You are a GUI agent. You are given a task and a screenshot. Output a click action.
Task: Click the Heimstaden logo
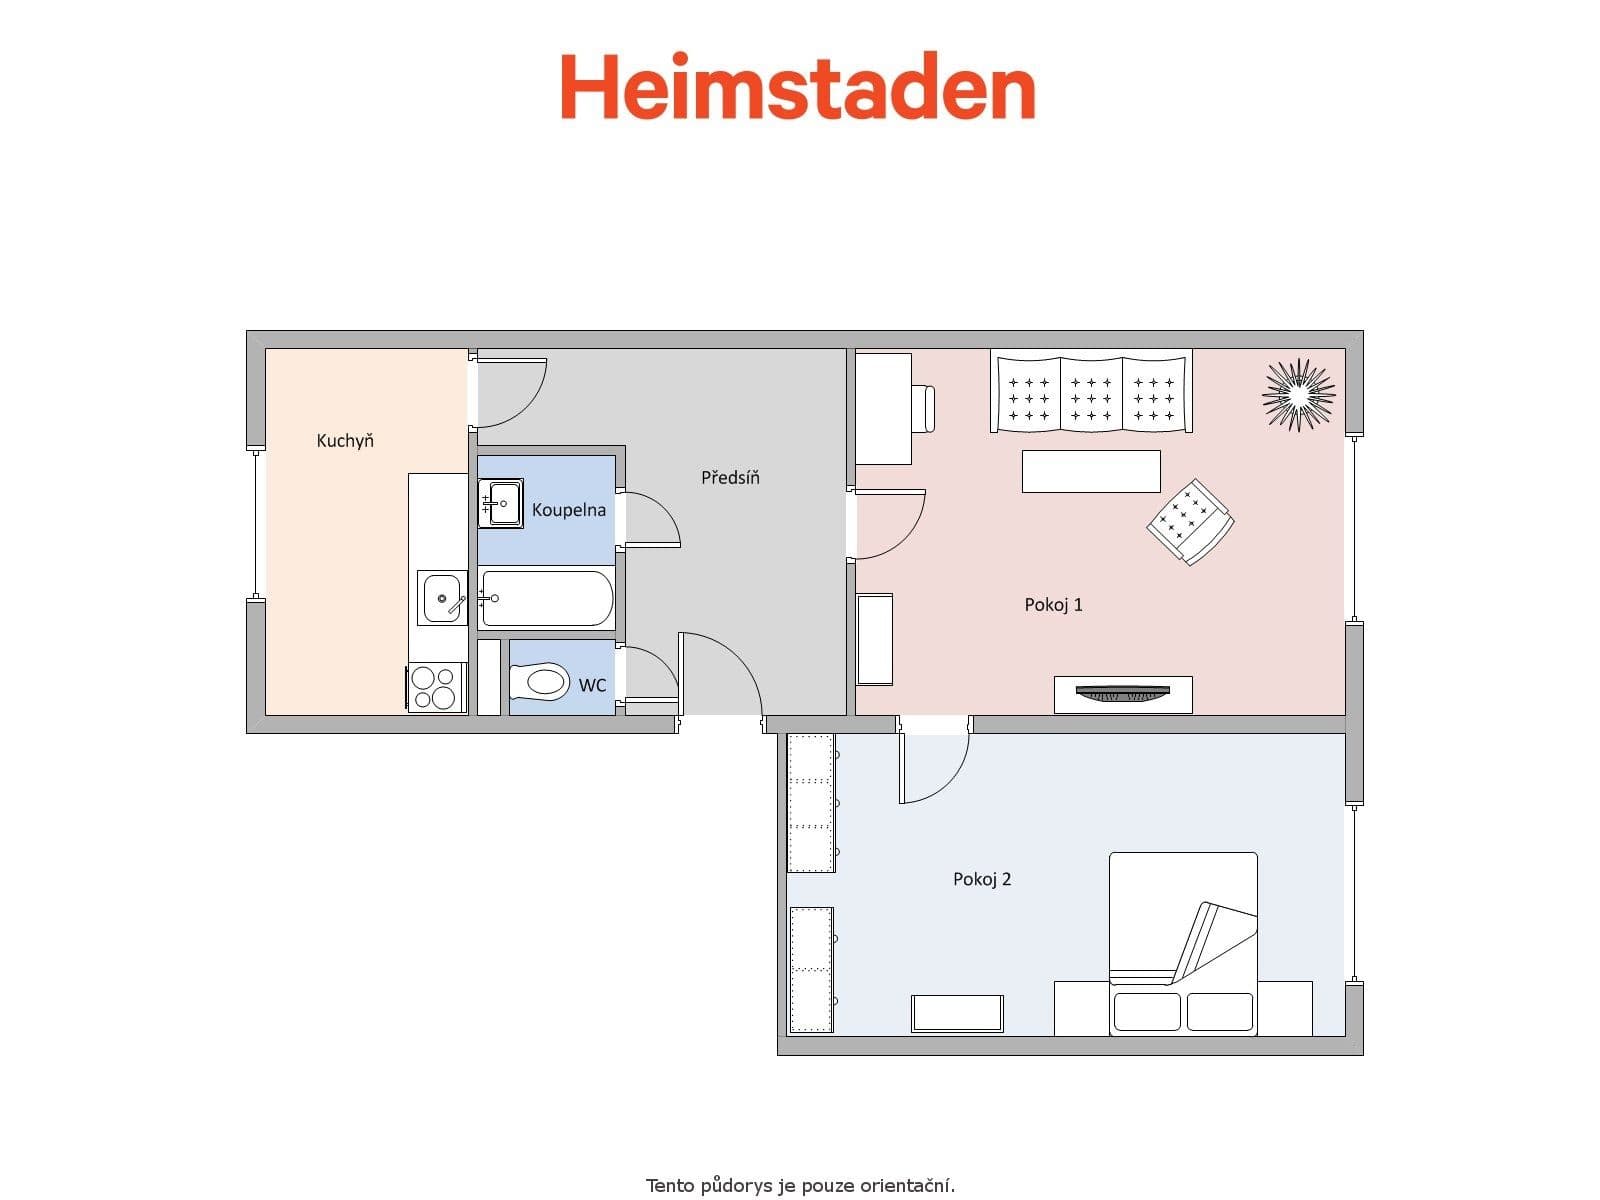797,87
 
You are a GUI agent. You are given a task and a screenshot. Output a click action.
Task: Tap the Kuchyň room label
345,440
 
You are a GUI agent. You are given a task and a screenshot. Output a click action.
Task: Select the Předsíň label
730,478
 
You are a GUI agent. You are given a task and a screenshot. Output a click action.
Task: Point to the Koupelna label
568,510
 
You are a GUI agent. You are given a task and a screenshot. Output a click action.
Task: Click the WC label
592,685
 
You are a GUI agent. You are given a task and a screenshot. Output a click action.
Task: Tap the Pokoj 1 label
1053,604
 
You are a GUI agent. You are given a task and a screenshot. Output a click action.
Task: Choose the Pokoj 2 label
982,879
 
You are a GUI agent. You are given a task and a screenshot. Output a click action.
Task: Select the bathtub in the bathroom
546,598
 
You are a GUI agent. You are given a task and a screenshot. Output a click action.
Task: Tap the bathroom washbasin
500,503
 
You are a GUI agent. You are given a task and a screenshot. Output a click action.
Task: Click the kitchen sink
442,598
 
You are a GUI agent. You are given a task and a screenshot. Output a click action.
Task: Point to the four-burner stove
436,688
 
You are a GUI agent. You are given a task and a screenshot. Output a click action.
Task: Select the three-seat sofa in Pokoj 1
1091,392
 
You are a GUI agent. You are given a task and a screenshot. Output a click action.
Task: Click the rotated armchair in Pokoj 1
1190,521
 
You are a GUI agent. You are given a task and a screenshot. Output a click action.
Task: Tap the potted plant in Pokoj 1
1298,394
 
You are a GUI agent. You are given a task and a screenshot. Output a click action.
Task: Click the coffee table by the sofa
1091,471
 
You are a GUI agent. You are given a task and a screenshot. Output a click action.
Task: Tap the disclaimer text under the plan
800,1186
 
